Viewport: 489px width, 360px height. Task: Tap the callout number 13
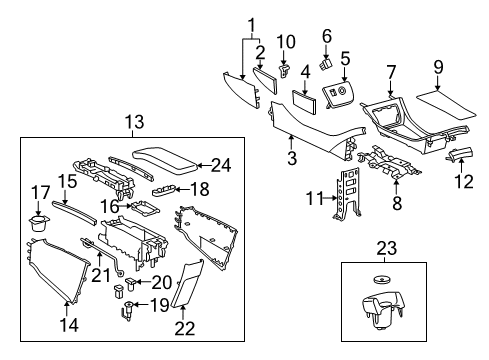(x=135, y=122)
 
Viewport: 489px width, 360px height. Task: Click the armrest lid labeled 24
(x=168, y=159)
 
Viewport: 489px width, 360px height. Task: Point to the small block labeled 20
(x=121, y=290)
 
